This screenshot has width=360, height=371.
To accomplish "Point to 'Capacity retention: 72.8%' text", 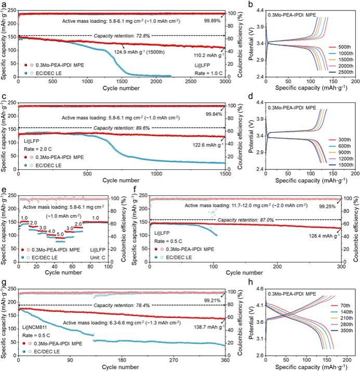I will click(125, 36).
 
